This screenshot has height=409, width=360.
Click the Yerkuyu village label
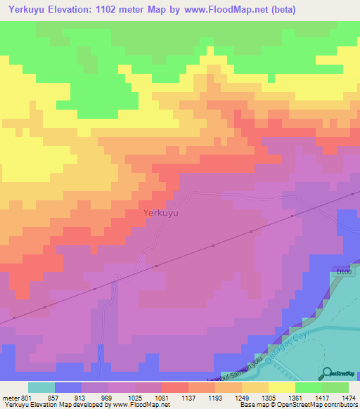160,212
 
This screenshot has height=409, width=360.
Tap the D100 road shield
343,271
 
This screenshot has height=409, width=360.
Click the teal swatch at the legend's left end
41,387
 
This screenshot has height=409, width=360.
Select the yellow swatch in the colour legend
282,387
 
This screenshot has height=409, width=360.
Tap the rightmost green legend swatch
335,387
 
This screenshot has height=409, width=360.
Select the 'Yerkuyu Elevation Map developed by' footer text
49,405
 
